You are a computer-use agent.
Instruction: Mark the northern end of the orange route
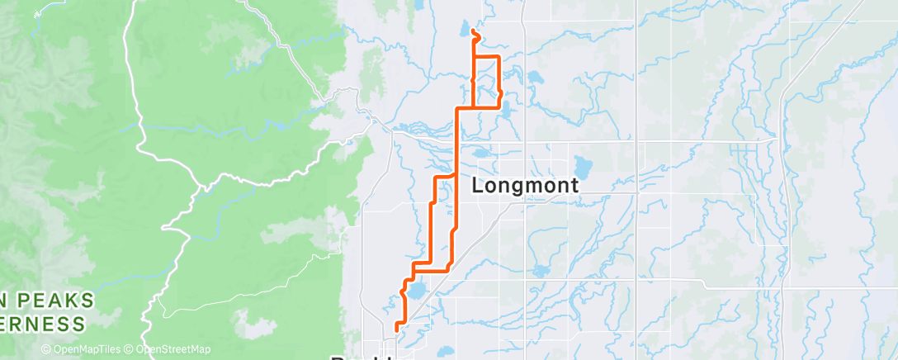472,31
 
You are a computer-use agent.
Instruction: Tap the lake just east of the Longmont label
584,168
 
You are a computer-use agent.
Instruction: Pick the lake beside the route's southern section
416,291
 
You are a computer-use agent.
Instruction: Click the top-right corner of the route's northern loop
499,56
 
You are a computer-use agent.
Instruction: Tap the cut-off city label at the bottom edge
363,356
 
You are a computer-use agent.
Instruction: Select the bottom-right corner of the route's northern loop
499,107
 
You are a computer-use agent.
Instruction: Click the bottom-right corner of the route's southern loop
448,269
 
